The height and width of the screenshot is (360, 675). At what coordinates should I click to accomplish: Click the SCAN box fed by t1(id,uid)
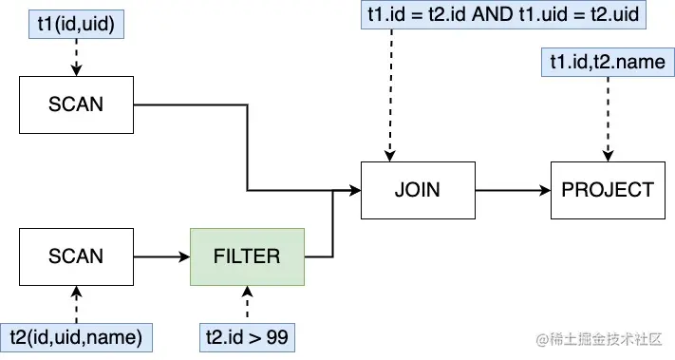click(x=76, y=104)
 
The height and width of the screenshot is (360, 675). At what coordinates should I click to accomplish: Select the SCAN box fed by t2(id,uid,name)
click(x=76, y=256)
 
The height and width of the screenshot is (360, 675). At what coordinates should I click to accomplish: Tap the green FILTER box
click(x=247, y=256)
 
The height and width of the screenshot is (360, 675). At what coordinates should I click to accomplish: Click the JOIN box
click(x=418, y=189)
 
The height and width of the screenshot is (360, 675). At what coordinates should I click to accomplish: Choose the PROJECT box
click(x=608, y=189)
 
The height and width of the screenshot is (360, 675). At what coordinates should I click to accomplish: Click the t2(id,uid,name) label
click(x=76, y=335)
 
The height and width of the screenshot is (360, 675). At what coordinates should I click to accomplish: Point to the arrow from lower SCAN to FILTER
click(x=161, y=256)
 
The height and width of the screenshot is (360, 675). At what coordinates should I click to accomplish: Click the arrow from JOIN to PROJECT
click(x=513, y=189)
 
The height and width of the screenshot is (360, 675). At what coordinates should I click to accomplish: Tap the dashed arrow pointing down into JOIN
click(x=387, y=95)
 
